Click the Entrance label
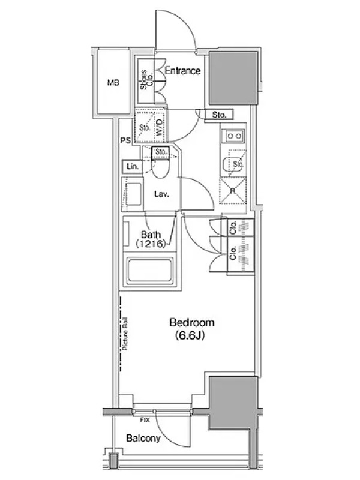click(183, 71)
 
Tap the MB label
click(113, 83)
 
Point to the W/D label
click(160, 128)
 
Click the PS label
click(125, 140)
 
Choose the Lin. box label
click(133, 167)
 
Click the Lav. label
click(161, 194)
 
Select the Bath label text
click(151, 235)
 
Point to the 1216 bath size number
click(151, 244)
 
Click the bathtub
click(149, 271)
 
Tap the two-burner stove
click(235, 136)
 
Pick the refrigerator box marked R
click(233, 190)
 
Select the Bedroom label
click(192, 322)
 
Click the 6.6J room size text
click(190, 336)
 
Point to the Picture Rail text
click(125, 334)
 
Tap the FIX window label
click(145, 421)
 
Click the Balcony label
click(143, 438)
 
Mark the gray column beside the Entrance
click(233, 78)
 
